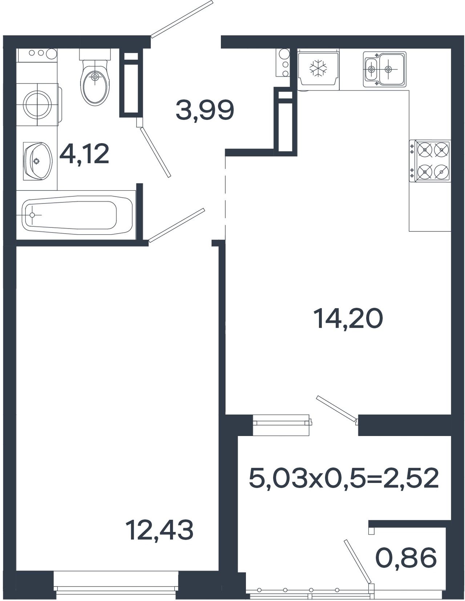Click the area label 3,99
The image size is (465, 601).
click(205, 110)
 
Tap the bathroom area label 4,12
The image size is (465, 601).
click(84, 154)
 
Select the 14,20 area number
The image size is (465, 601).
click(348, 319)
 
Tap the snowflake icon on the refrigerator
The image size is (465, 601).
click(318, 68)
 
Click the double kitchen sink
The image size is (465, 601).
click(385, 68)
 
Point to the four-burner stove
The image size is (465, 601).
click(430, 161)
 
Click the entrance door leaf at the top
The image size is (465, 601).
click(182, 19)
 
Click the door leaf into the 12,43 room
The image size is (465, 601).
click(177, 225)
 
